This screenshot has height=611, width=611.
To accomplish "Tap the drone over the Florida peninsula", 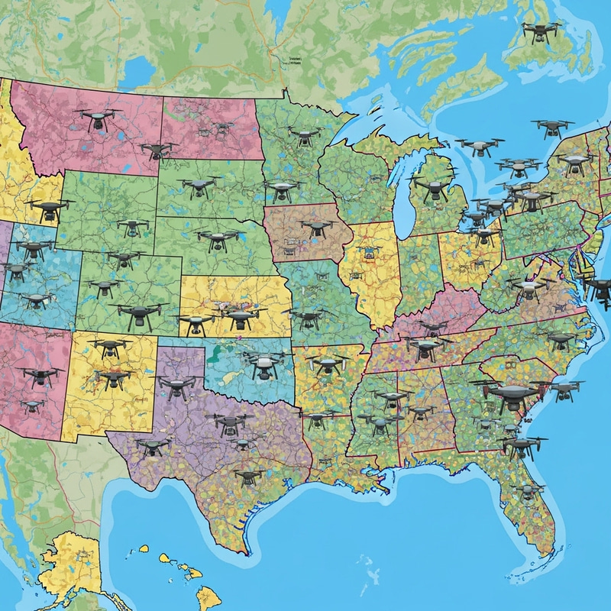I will point(529,491).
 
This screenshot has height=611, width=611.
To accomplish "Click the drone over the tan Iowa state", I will point(315,228).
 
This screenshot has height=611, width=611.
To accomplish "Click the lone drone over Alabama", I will point(390,399).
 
